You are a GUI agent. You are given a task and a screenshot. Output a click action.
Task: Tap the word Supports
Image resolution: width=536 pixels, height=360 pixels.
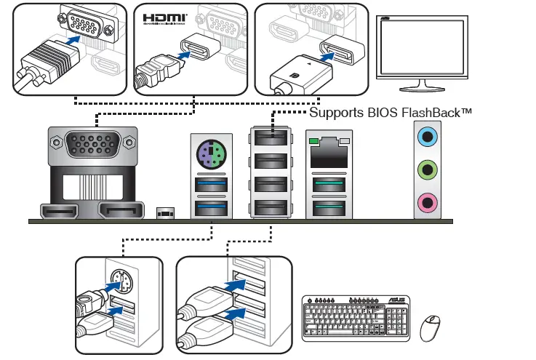pyautogui.click(x=337, y=113)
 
